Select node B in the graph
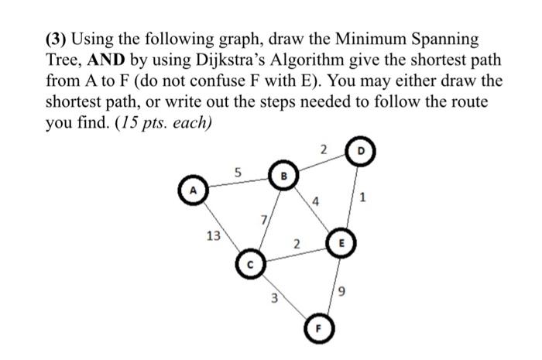[x=283, y=176]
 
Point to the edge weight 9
[x=338, y=292]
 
